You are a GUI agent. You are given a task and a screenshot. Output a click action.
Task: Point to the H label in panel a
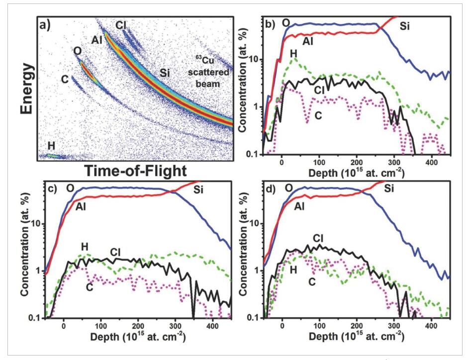point(51,145)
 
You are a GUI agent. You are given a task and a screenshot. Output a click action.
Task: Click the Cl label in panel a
point(122,24)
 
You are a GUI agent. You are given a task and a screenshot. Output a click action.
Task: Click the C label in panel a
point(65,79)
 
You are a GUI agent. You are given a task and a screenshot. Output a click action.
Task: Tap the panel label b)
point(270,23)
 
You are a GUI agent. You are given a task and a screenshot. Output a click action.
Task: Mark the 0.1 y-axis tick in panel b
point(252,154)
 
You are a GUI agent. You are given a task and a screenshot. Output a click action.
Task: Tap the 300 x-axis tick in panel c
point(175,326)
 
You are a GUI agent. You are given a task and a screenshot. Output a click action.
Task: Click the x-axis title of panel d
point(357,337)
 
